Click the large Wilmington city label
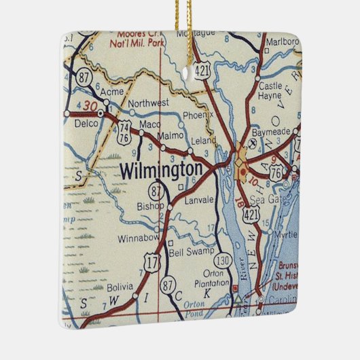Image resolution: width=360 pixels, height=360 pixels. click(160, 170)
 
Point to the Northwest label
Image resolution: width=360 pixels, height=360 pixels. click(149, 103)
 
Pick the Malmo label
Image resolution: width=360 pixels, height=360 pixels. click(170, 136)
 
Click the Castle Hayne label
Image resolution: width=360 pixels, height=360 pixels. click(270, 92)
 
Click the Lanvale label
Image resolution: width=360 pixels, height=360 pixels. click(199, 200)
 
